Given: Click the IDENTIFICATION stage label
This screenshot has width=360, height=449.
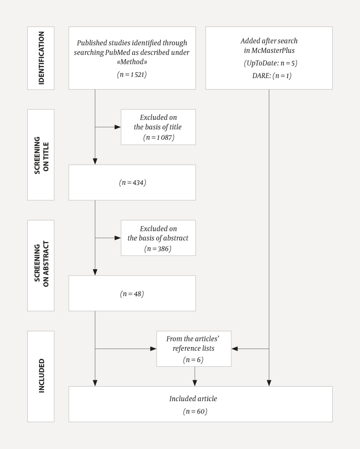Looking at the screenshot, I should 41,58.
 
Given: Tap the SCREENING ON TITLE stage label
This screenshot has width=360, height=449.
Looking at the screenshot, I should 41,155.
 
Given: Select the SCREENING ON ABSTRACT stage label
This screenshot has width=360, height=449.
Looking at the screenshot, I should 41,266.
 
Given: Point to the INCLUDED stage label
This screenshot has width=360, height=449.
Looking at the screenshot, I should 41,376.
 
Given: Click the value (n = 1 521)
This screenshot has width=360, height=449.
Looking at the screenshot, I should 132,74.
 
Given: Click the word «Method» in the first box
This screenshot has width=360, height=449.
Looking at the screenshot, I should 132,62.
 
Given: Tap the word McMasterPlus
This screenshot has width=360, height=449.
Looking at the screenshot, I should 273,50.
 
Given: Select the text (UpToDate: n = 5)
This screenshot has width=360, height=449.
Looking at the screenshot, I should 270,63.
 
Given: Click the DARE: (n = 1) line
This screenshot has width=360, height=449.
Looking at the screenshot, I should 271,76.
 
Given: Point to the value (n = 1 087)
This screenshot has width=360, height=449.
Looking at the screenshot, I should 159,137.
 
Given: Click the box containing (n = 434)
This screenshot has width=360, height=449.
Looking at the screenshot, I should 132,183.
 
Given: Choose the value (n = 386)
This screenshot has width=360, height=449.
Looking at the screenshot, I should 158,249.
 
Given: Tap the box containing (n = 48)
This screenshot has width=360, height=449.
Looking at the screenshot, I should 132,294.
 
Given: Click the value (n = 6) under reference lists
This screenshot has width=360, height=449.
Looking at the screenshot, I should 193,360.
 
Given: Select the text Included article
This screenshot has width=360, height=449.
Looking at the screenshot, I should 193,399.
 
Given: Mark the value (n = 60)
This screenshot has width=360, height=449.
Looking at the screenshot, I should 195,411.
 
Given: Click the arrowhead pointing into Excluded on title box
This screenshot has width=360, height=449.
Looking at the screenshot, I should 118,127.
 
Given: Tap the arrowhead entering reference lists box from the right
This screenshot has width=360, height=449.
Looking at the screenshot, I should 234,349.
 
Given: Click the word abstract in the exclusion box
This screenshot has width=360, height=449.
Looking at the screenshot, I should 175,238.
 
